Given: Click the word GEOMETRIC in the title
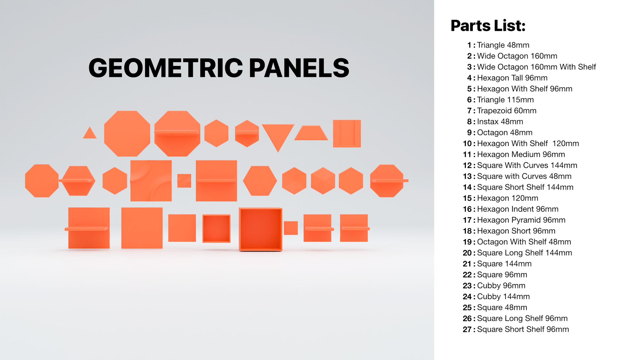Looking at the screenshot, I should [x=166, y=67].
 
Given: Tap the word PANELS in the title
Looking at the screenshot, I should [x=299, y=67].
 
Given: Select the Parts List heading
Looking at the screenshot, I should [x=488, y=26].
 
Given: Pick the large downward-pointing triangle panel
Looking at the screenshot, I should [x=278, y=135].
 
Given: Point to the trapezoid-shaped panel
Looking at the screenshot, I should [x=311, y=133].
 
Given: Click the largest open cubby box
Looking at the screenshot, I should [x=261, y=229].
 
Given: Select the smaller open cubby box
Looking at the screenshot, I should [x=216, y=228].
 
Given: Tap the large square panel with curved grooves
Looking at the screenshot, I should [x=151, y=181].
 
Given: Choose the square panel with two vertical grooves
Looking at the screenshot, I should [x=347, y=133].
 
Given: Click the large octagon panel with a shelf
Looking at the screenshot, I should [x=177, y=133].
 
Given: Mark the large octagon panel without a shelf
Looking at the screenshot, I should [x=127, y=133].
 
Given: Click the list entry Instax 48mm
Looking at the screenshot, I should [x=500, y=122].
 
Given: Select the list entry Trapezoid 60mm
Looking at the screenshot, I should [x=506, y=111].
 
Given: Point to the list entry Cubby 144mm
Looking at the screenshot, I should [x=503, y=296].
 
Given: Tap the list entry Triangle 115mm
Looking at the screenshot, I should [x=505, y=100].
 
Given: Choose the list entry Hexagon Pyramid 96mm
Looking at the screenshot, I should [x=521, y=220].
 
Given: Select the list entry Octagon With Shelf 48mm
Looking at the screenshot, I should [x=524, y=242].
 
